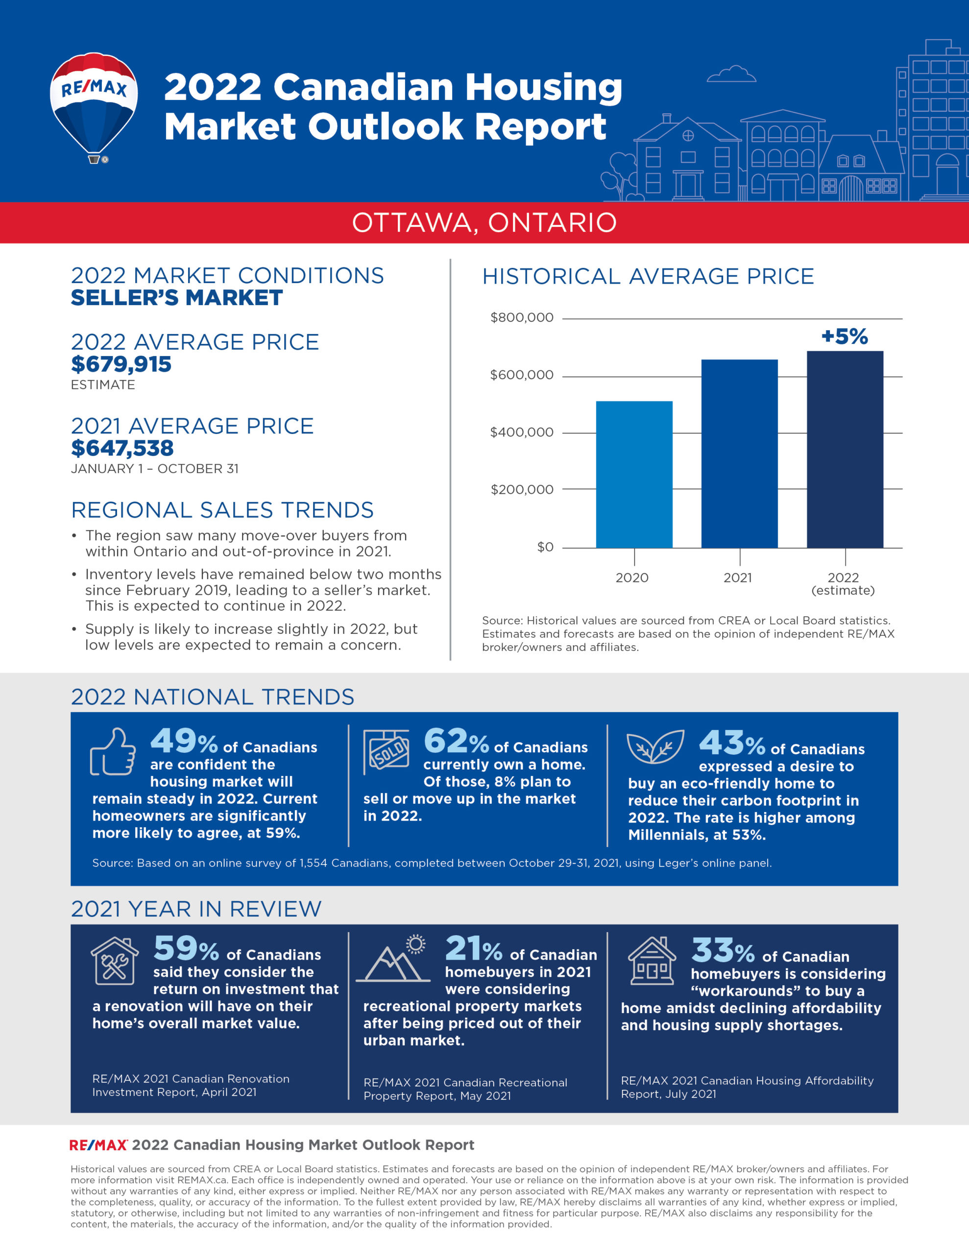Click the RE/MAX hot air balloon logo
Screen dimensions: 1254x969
pyautogui.click(x=94, y=106)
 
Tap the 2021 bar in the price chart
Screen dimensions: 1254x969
pyautogui.click(x=739, y=454)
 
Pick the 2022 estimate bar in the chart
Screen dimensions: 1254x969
pyautogui.click(x=845, y=449)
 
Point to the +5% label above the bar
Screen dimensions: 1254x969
pyautogui.click(x=845, y=337)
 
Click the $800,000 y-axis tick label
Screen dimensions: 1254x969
pyautogui.click(x=522, y=317)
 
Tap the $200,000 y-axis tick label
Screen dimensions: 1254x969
pyautogui.click(x=522, y=489)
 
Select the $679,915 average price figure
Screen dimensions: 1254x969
pyautogui.click(x=121, y=364)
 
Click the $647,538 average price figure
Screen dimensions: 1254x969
pyautogui.click(x=122, y=448)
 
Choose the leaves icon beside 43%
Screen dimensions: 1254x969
pyautogui.click(x=655, y=747)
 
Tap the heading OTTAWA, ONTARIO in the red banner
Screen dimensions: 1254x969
pyautogui.click(x=484, y=223)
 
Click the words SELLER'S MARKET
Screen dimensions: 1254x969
pyautogui.click(x=177, y=298)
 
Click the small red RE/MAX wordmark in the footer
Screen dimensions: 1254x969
pyautogui.click(x=97, y=1145)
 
